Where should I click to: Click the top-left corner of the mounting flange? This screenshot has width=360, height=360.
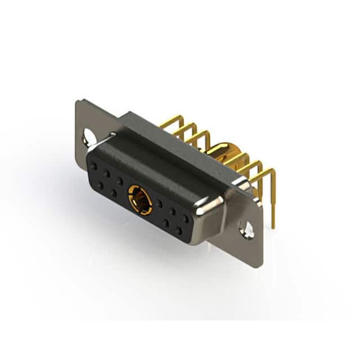[x=77, y=101]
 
